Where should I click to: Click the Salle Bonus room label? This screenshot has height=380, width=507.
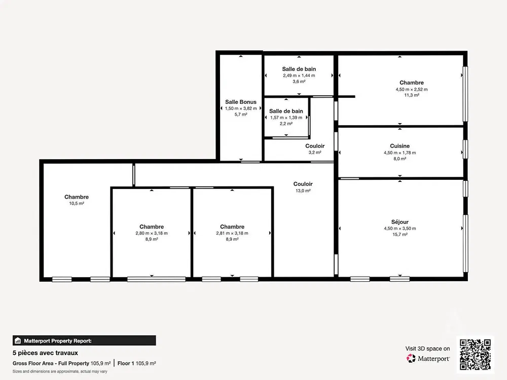coord(240,102)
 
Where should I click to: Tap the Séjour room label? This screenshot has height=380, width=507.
coord(400,222)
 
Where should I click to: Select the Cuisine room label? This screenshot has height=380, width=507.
coord(400,146)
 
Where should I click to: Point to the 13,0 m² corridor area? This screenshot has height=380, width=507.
coord(303,191)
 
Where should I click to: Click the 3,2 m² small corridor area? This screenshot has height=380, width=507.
coord(315,152)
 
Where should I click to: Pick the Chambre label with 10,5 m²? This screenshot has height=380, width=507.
coord(77,197)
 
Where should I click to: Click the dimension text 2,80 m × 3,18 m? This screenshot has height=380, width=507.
coord(151,233)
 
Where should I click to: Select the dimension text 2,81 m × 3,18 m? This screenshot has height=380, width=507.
coord(232,233)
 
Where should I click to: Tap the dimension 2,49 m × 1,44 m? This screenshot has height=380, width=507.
coord(299,75)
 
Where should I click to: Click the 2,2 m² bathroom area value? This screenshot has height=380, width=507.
coord(286,124)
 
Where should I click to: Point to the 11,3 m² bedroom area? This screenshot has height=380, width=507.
coord(412,95)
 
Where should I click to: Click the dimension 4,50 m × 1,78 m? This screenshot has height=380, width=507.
coord(400,153)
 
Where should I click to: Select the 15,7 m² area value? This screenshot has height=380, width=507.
coord(400,234)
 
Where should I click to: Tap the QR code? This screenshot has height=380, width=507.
coord(476,355)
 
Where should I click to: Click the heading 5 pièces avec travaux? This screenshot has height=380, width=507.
coord(45,353)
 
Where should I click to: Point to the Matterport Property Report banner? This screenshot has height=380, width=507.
coord(84,340)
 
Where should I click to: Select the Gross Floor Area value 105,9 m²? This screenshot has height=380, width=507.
coord(100,363)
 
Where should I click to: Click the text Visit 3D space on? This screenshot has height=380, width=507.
coord(427,349)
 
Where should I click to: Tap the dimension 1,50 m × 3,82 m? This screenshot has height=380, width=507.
coord(240,108)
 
